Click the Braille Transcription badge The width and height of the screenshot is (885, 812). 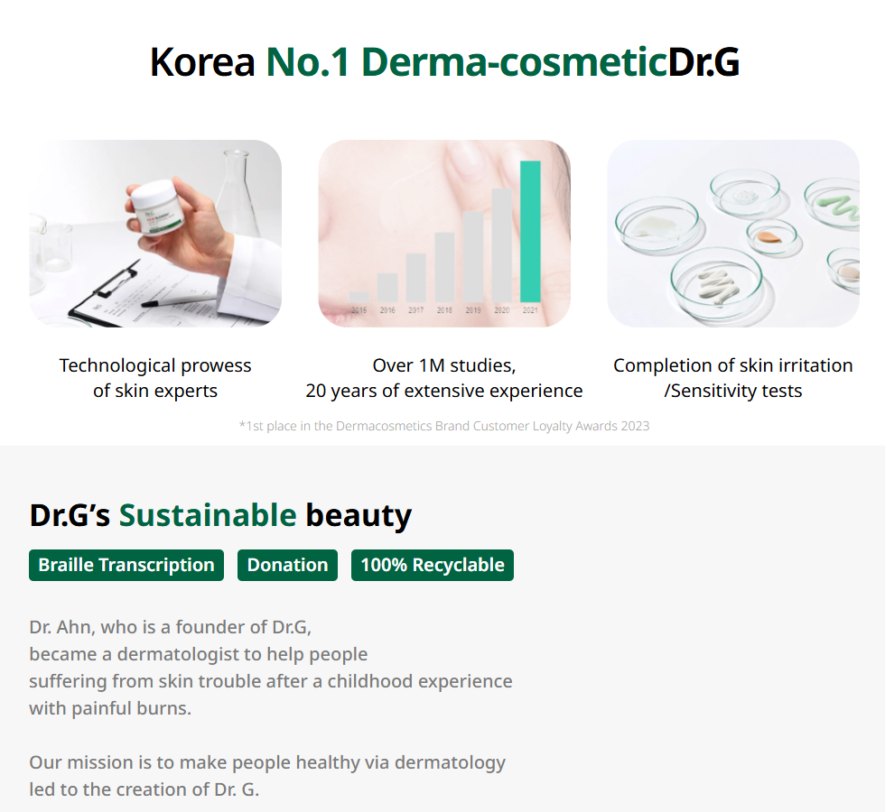click(x=126, y=565)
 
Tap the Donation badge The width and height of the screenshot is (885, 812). click(x=287, y=565)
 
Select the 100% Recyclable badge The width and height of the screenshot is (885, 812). click(x=433, y=565)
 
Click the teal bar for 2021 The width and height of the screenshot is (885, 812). click(x=530, y=232)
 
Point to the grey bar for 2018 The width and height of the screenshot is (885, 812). click(x=444, y=267)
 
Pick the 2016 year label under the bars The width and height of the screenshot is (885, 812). click(x=387, y=310)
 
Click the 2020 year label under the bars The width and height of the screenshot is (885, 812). click(x=502, y=310)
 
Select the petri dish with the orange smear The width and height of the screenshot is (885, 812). click(x=771, y=236)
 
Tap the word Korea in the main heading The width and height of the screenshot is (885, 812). click(x=202, y=61)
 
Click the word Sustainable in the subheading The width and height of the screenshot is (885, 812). click(x=208, y=515)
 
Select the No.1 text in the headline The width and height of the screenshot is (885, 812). click(x=308, y=61)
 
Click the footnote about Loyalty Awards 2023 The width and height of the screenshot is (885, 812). click(x=444, y=426)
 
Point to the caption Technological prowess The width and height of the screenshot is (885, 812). click(x=155, y=365)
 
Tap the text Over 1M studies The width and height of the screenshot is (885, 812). click(x=444, y=365)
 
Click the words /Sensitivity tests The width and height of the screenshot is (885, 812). click(x=733, y=391)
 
